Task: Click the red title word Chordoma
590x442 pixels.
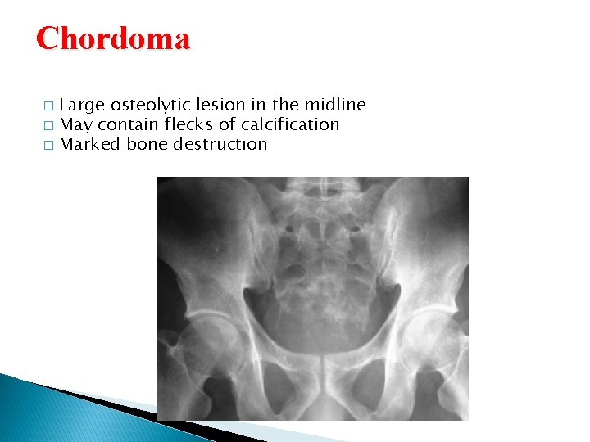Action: [113, 38]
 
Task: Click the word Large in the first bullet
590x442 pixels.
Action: [83, 105]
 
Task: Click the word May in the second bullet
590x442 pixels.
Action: [76, 124]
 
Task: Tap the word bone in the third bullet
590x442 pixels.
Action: [146, 144]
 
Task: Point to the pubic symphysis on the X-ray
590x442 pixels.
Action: [315, 372]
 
